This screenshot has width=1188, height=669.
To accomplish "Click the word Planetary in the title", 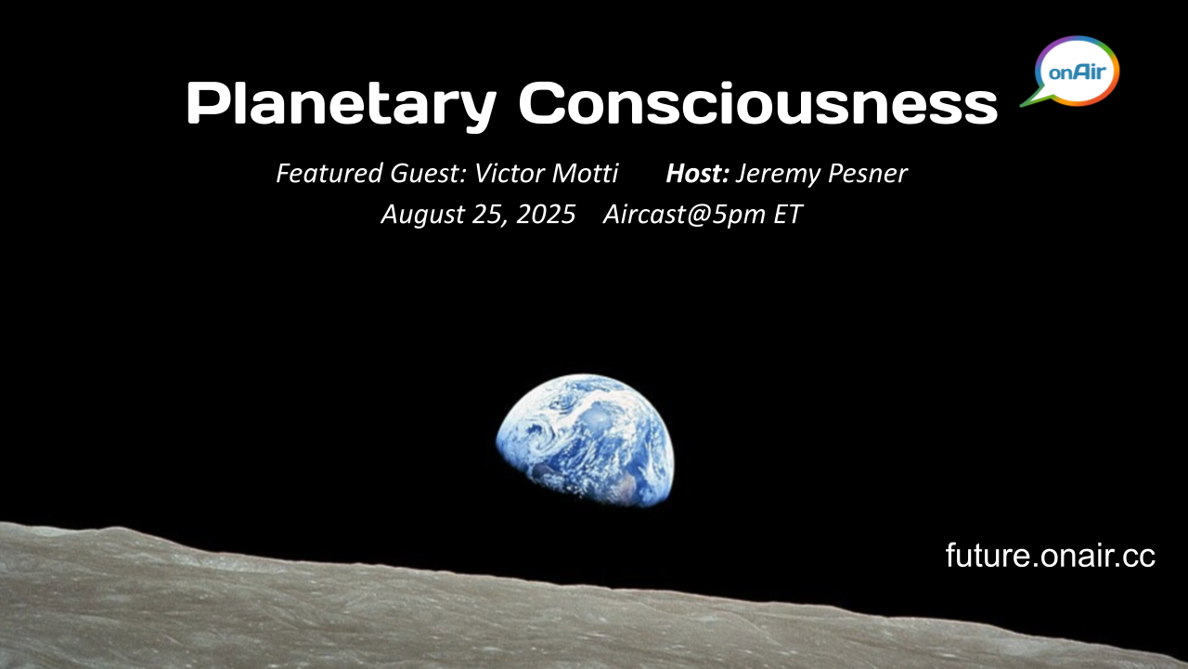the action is coord(341,104).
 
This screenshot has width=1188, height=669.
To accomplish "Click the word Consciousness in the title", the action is coord(758,102).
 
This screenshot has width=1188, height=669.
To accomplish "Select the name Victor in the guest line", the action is coord(507,173).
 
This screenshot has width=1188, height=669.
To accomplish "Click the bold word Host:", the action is coord(698,173).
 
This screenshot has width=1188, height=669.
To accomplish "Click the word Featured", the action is coord(329,173).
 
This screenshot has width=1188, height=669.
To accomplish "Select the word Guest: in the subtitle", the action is coord(429,173).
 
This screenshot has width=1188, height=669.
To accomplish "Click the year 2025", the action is coord(546,214).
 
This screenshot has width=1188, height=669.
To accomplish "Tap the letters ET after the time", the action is coord(788,214).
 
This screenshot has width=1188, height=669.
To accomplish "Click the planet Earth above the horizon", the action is coord(586,439).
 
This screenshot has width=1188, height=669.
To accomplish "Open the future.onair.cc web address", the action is coord(1050,556).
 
